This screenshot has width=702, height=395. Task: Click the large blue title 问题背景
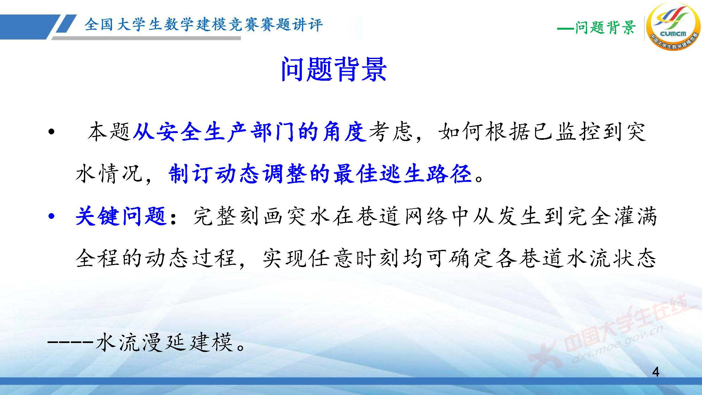[x=333, y=69]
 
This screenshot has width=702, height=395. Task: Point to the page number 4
[x=656, y=372]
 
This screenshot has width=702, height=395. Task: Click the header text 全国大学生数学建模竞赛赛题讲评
[x=204, y=25]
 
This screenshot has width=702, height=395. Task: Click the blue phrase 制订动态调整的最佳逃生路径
[x=320, y=174]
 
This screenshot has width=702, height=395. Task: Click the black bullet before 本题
[x=51, y=132]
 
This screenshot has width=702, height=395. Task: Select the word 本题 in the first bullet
[x=109, y=131]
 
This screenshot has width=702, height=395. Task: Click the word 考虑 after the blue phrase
[x=391, y=131]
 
